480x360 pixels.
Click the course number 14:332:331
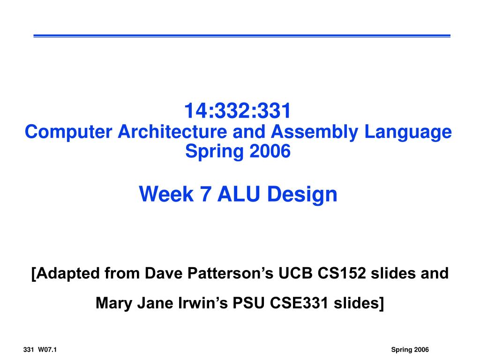click(238, 112)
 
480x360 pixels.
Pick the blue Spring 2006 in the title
click(238, 151)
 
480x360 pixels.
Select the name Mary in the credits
click(114, 303)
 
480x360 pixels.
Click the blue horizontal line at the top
click(242, 36)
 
